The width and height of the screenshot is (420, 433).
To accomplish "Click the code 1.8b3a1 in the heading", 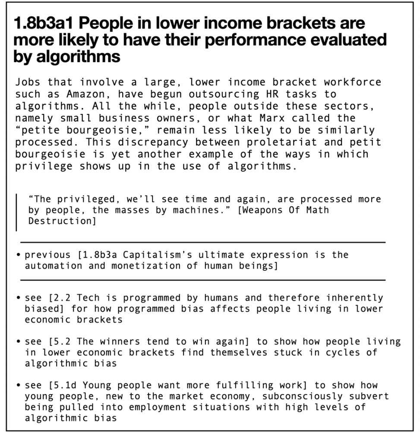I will coord(43,23).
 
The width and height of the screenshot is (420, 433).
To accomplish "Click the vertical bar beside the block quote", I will coord(17,212).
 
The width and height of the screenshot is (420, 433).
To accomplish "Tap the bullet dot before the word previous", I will coord(19,255).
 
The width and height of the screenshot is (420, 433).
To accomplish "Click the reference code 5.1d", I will coord(63,385).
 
